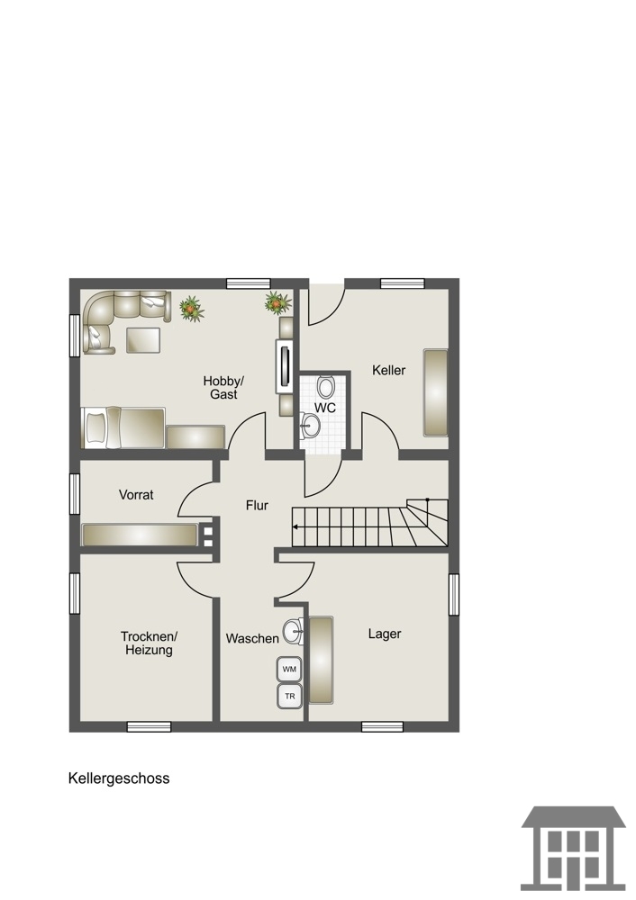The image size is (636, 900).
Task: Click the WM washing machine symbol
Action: click(289, 670)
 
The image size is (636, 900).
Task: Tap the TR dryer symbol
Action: click(289, 697)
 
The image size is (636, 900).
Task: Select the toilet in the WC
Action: click(326, 387)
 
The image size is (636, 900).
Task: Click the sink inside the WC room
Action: click(310, 426)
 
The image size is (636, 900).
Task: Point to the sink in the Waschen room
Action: click(294, 632)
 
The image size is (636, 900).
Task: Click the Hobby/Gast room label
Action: click(223, 387)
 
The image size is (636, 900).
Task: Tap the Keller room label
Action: click(389, 370)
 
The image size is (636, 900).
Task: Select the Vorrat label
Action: click(136, 495)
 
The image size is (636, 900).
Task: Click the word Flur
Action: click(257, 505)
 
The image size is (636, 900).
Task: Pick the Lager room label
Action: click(385, 634)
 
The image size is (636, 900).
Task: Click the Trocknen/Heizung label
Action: click(149, 643)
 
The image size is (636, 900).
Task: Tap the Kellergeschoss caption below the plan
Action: click(119, 778)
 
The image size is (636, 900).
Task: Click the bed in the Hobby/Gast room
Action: click(123, 427)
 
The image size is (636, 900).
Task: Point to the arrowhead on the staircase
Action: click(295, 526)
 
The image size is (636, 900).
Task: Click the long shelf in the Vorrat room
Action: click(140, 535)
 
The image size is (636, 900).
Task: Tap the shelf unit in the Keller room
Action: click(435, 392)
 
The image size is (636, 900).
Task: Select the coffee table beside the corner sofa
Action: click(143, 339)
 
